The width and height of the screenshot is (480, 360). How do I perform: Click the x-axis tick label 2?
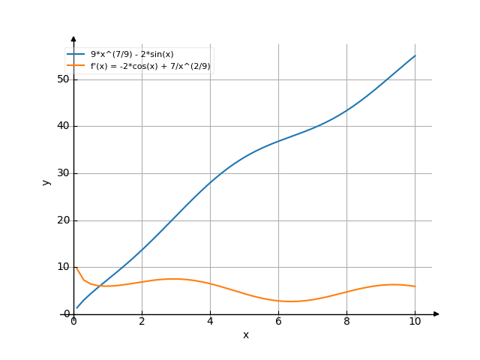point(142,321)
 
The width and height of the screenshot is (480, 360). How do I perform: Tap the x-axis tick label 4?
point(210,321)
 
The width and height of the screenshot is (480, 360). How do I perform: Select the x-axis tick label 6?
point(278,321)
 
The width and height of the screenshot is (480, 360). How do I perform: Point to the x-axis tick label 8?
point(346,321)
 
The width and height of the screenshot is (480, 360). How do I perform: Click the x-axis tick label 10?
point(415,321)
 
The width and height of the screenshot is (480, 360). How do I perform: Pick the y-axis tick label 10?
point(62,267)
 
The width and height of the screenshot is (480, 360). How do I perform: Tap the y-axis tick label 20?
point(62,220)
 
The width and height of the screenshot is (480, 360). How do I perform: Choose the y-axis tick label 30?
point(62,173)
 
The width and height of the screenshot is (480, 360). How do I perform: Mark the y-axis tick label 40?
point(62,126)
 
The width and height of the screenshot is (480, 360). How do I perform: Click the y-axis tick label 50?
point(62,79)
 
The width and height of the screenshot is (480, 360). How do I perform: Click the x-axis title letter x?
point(245,334)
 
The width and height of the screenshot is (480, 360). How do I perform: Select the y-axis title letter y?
point(46,181)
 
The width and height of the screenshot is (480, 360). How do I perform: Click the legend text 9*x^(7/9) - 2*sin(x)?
point(132,55)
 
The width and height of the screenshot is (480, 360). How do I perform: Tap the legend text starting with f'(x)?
point(150,66)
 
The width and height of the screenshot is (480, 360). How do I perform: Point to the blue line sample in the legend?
point(76,55)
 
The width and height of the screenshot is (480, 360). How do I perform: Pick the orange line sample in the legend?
point(76,66)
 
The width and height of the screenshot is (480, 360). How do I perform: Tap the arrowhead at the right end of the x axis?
point(436,313)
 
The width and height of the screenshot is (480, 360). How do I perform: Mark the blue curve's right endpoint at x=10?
point(415,55)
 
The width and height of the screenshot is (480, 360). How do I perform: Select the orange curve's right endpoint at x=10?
point(415,286)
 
